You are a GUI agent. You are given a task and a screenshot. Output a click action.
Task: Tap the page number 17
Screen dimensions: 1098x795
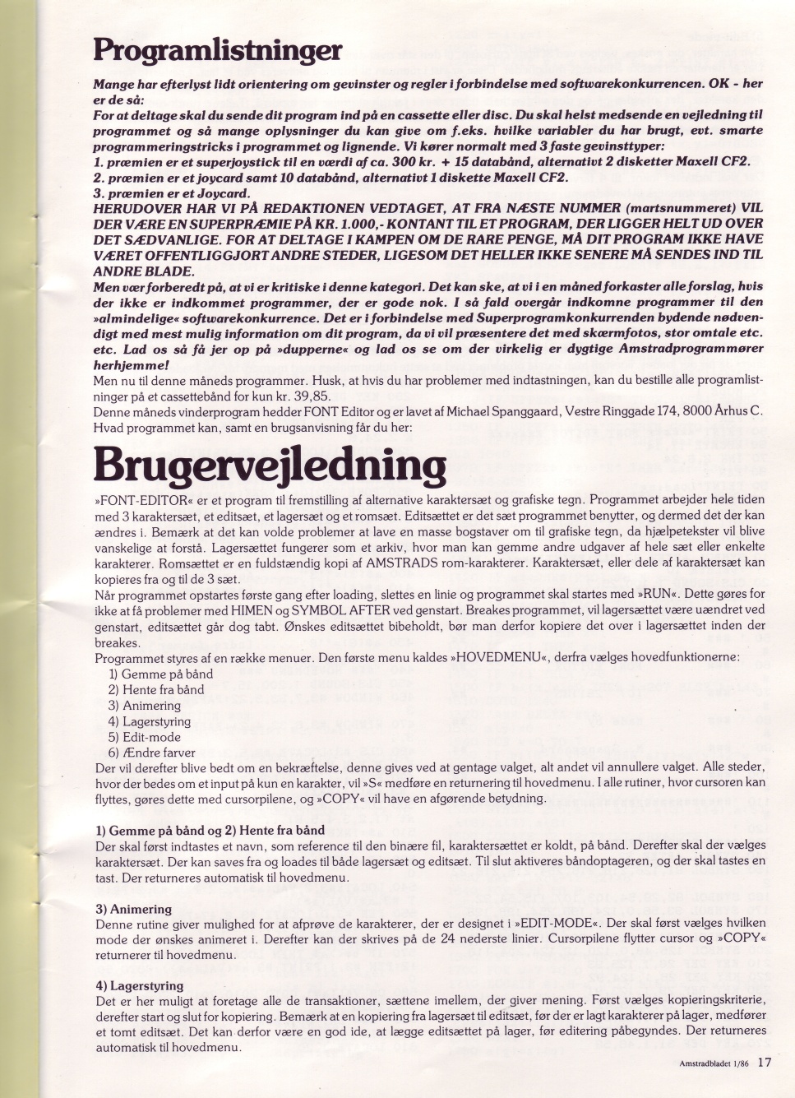coord(765,1062)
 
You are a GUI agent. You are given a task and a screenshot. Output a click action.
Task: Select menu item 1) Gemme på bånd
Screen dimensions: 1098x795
coord(160,674)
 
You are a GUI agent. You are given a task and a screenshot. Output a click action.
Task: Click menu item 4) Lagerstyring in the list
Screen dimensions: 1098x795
coord(150,721)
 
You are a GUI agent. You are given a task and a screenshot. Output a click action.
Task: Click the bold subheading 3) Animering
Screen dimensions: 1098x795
coord(133,909)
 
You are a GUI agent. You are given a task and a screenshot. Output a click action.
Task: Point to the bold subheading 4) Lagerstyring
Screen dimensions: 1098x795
coord(139,985)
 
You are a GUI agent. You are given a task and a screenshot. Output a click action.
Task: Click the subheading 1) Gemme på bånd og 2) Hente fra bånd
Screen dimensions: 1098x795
coord(210,830)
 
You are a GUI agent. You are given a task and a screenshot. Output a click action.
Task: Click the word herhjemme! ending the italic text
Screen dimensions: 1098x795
coord(131,364)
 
